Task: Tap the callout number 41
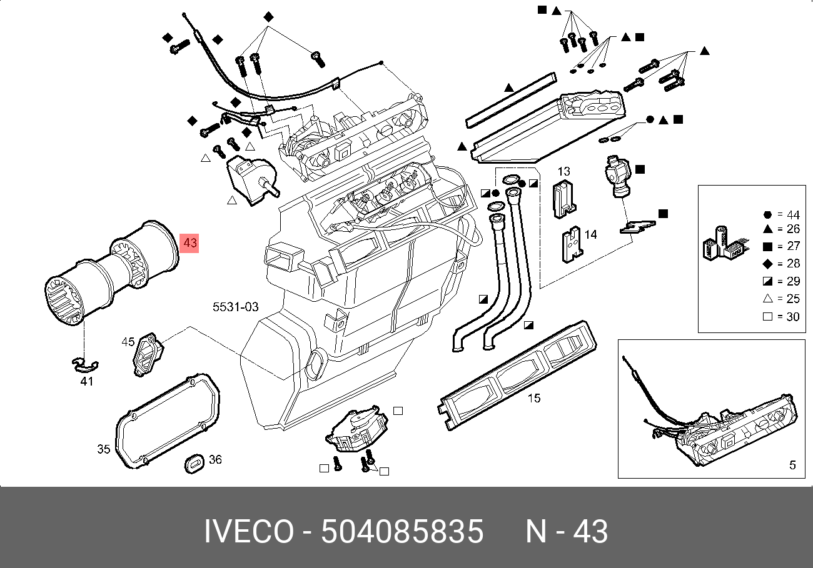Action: coord(87,382)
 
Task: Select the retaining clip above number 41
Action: coord(84,365)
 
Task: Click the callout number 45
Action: coord(128,342)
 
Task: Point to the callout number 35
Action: coord(103,449)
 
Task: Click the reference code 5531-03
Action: coord(236,307)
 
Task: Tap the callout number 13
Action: coord(563,171)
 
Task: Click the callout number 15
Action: coord(534,398)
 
